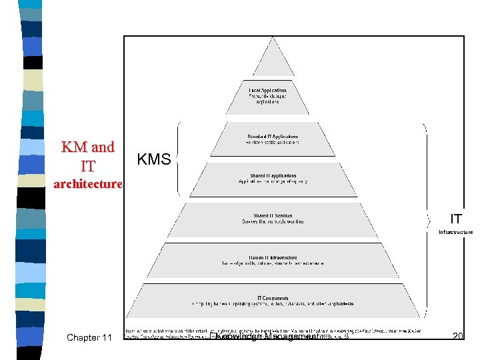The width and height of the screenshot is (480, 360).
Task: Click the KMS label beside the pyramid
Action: (x=154, y=159)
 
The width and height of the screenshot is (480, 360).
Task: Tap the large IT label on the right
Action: (x=456, y=219)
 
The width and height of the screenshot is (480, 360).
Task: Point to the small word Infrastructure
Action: (x=455, y=233)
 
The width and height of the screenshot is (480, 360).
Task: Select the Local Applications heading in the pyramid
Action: (x=268, y=90)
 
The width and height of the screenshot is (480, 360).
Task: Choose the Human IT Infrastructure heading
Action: (x=273, y=257)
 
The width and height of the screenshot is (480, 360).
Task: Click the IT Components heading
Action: (x=273, y=297)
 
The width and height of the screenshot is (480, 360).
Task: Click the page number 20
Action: (x=457, y=337)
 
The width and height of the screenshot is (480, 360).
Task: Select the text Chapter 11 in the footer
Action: (x=89, y=338)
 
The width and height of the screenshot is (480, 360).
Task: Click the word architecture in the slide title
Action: (x=88, y=184)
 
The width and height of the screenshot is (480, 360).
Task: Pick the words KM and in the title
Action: (x=87, y=147)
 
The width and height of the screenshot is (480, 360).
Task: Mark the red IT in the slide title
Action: (x=88, y=165)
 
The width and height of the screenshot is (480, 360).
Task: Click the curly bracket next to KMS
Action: (x=179, y=159)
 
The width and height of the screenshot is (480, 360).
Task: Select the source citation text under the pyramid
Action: (x=200, y=331)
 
